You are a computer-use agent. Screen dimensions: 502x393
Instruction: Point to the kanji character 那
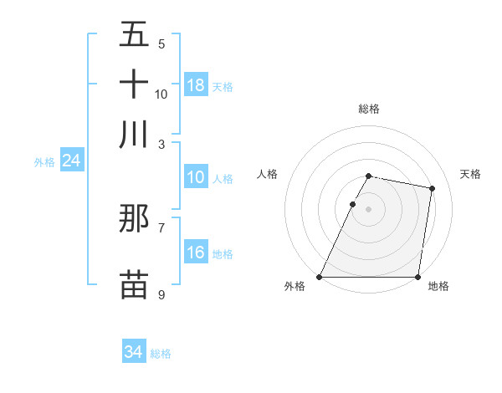point(134,218)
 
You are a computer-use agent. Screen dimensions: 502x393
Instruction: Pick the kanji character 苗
point(134,283)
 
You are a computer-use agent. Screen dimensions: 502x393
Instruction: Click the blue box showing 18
point(196,84)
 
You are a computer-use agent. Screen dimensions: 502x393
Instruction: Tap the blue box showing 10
point(196,177)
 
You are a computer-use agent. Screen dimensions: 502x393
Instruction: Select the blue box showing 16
point(196,253)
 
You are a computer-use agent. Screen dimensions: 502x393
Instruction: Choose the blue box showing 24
point(71,161)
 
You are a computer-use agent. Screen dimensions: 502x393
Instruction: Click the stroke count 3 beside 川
point(161,145)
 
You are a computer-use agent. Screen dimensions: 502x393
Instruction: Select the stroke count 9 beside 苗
point(161,294)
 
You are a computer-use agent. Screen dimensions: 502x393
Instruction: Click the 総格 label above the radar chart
point(368,109)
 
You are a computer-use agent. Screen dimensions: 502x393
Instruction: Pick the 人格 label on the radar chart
point(268,174)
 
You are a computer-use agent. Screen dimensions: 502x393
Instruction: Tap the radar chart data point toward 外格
point(320,277)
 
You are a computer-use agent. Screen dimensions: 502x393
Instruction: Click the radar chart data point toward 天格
point(432,189)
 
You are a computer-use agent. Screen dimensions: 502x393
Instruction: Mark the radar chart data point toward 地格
point(417,277)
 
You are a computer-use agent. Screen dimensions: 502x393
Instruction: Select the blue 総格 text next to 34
point(161,354)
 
